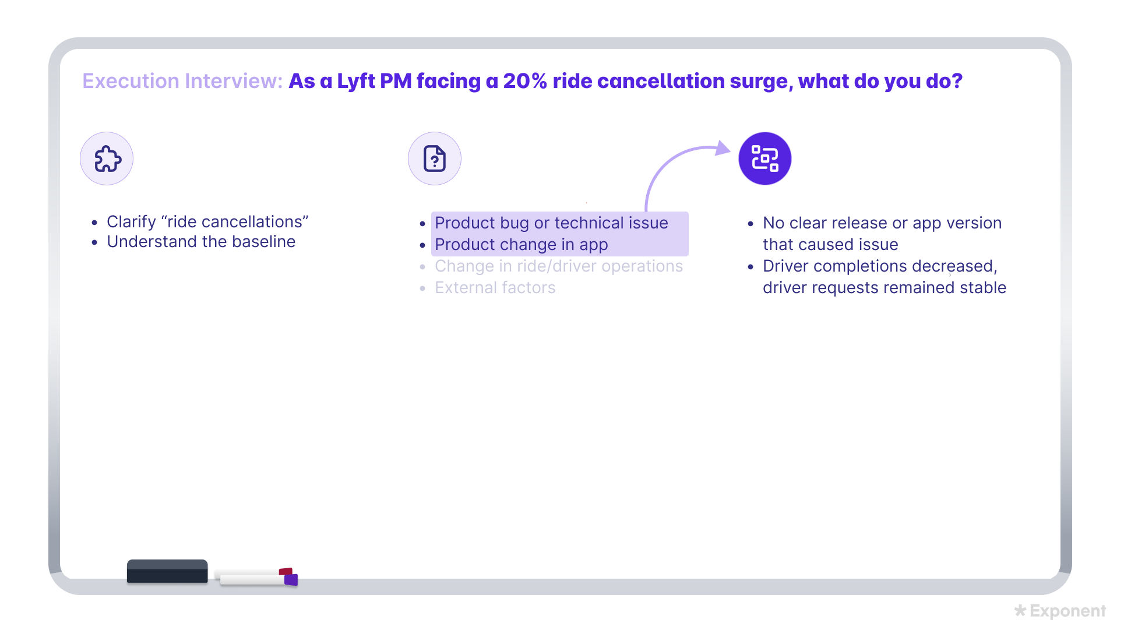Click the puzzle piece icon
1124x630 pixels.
tap(107, 159)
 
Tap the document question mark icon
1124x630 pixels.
tap(435, 159)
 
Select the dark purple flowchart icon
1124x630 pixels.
tap(764, 159)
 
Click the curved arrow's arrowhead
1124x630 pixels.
tap(723, 148)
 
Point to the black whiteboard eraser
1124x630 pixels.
tap(167, 571)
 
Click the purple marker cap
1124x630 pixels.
tap(291, 579)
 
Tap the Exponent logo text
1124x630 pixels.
tap(1067, 611)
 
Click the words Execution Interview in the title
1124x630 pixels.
tap(182, 81)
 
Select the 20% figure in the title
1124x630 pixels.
tap(525, 81)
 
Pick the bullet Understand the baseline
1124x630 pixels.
tap(201, 241)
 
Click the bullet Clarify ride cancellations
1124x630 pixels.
tap(207, 221)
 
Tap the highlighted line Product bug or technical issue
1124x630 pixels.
tap(551, 223)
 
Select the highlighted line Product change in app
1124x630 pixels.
tap(522, 244)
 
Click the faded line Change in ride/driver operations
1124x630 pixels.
tap(559, 266)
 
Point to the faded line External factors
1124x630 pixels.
tap(495, 287)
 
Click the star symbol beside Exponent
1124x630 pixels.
tap(1020, 610)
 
